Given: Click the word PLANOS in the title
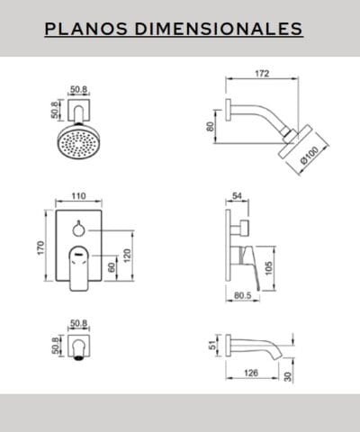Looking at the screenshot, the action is pyautogui.click(x=86, y=29).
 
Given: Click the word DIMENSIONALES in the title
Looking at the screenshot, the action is pyautogui.click(x=219, y=29).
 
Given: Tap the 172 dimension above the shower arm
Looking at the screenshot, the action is pyautogui.click(x=262, y=74).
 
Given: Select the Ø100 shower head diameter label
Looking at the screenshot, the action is pyautogui.click(x=310, y=156).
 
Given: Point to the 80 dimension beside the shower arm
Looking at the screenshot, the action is pyautogui.click(x=211, y=126).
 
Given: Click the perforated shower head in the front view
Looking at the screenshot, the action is pyautogui.click(x=77, y=141).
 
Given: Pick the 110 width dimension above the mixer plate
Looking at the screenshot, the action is pyautogui.click(x=78, y=196).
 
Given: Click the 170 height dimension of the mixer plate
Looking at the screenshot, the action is pyautogui.click(x=40, y=247).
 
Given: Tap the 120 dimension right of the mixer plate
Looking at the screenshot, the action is pyautogui.click(x=127, y=256).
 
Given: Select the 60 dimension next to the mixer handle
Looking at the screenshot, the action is pyautogui.click(x=112, y=267).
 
